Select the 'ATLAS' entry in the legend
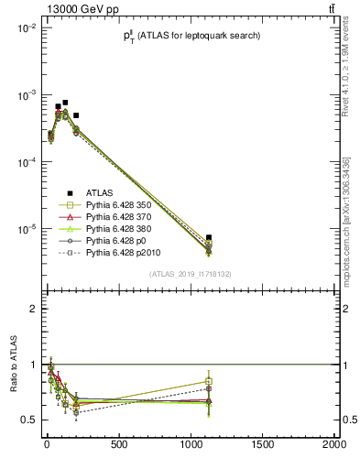(100, 193)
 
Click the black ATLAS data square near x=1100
(209, 237)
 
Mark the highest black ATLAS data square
(65, 103)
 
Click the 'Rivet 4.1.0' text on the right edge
(346, 64)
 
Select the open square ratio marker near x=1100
(209, 381)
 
